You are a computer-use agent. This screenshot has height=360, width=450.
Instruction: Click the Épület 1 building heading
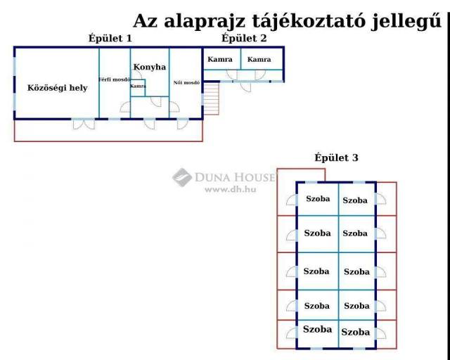coord(110,38)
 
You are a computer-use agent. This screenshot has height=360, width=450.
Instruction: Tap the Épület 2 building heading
coord(244,38)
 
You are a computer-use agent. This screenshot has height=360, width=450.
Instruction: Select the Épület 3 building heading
coord(336,157)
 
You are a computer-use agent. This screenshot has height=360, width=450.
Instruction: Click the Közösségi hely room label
coord(58,88)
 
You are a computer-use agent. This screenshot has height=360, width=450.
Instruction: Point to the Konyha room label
coord(150,67)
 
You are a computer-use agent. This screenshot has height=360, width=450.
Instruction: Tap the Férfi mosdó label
coord(115,79)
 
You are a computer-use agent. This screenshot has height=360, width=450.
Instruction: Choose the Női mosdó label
coord(186,83)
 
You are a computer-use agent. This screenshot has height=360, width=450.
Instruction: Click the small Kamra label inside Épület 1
coord(138,86)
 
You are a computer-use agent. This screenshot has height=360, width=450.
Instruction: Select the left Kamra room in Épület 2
coord(220,60)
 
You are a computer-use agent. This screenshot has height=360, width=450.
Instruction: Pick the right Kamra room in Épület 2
coord(259,60)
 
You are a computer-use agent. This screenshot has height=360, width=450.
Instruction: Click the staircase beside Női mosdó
coord(211,98)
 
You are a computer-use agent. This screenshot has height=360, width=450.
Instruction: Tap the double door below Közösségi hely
coord(84,124)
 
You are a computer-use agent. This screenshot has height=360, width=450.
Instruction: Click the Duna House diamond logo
coord(182,177)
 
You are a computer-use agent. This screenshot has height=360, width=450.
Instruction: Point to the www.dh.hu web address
coord(230,189)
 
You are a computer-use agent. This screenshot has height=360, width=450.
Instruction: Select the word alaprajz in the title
coord(205,22)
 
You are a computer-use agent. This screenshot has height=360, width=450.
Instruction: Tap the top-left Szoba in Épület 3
coord(318,199)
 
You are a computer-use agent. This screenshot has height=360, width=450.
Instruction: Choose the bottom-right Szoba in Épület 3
coord(356,332)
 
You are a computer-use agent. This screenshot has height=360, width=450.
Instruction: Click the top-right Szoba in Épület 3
coord(355,200)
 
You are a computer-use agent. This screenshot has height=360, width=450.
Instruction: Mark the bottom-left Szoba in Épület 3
coord(317,329)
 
